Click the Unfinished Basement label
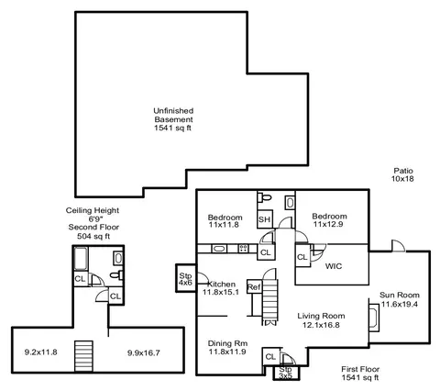pos(173,115)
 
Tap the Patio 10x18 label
pos(402,174)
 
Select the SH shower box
pos(265,219)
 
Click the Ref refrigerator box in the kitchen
pos(254,287)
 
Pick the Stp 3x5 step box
pos(286,373)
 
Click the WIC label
pos(334,266)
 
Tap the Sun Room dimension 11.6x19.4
pos(400,304)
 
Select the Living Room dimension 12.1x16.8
pos(321,325)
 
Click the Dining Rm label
pos(227,343)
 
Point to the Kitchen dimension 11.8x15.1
pos(221,292)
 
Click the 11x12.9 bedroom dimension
pos(328,224)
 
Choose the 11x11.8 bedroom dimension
pos(224,225)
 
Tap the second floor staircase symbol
pos(83,356)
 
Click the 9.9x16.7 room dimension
pos(144,352)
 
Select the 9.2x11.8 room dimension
pos(40,352)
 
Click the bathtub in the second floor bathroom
pos(81,259)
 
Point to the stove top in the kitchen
pos(243,248)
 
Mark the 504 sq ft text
pos(93,236)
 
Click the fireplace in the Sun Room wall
pos(374,318)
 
